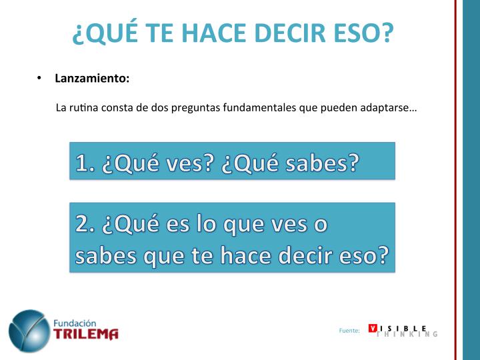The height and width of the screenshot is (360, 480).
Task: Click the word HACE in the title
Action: coord(214,33)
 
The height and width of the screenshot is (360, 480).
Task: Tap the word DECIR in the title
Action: coord(290,33)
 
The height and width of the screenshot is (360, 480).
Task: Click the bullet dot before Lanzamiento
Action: coord(39,78)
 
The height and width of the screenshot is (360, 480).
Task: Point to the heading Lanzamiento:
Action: coord(92,78)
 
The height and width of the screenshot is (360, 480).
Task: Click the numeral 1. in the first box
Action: coord(85,163)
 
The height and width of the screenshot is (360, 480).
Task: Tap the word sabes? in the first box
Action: coord(322,163)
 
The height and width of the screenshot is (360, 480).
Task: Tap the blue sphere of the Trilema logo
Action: coord(29,331)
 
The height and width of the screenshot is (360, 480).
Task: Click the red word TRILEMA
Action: coord(86,334)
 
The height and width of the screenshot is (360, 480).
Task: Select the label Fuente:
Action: coord(349,331)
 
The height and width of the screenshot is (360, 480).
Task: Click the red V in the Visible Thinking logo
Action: coord(373,328)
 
